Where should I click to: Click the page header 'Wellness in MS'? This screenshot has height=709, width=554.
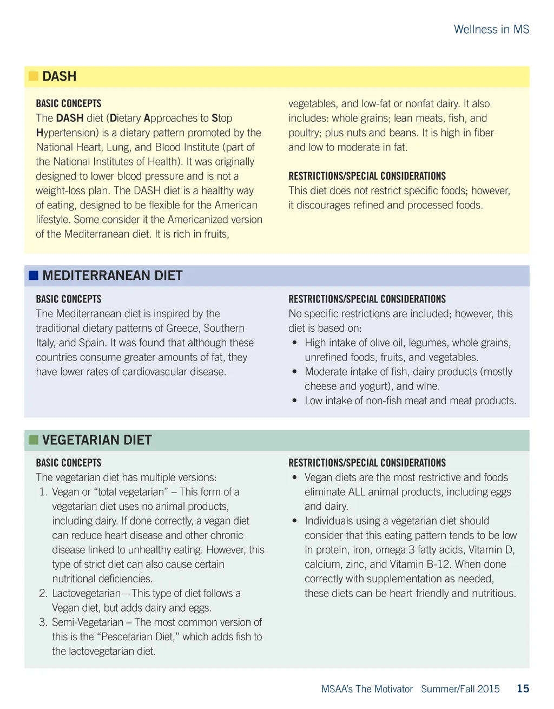(491, 29)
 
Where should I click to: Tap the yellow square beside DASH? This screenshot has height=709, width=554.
(34, 76)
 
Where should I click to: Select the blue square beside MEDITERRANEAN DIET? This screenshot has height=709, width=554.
(34, 275)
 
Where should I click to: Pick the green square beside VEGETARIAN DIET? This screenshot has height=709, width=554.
(34, 440)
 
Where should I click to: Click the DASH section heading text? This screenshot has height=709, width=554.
(60, 76)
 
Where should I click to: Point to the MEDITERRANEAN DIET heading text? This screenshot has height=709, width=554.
(113, 275)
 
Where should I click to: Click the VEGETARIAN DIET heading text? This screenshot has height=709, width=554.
(97, 440)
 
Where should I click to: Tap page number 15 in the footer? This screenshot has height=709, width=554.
(523, 688)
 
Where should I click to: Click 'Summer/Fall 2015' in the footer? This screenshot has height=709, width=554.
(460, 689)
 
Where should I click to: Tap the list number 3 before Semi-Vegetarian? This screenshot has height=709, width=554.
(43, 622)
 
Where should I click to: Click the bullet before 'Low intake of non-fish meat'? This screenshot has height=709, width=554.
(294, 401)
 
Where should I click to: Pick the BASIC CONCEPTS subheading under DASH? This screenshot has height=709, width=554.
(69, 103)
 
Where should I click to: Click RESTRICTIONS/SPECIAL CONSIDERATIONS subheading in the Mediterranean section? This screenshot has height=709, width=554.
(367, 299)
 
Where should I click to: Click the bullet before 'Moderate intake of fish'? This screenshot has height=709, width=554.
(294, 372)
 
